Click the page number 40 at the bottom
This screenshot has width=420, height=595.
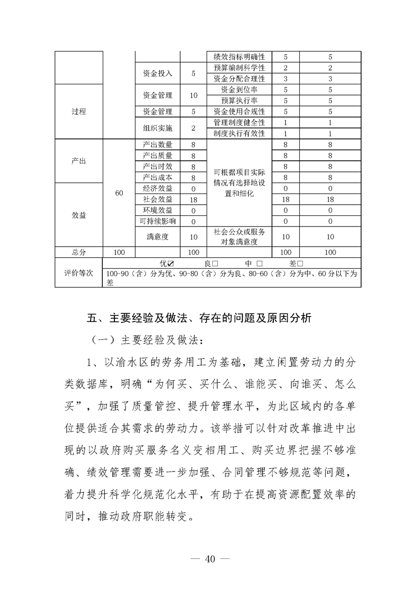(210, 559)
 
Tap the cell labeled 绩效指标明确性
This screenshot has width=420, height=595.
(239, 57)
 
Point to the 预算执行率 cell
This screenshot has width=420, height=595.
(239, 100)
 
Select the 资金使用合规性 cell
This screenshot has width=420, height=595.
(239, 111)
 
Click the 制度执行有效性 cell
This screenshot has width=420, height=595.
(239, 134)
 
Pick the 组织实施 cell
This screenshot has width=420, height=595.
(158, 128)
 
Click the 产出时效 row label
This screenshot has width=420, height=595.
(158, 167)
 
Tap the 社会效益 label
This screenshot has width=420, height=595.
(158, 199)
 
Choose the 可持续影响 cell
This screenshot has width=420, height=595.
(158, 221)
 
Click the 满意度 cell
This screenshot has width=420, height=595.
(158, 237)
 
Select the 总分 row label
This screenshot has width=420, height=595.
(79, 252)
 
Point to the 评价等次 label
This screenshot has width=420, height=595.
(79, 273)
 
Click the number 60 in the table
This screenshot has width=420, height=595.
(119, 193)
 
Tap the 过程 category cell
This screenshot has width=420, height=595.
(79, 111)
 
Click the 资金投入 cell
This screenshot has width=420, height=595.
(158, 73)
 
